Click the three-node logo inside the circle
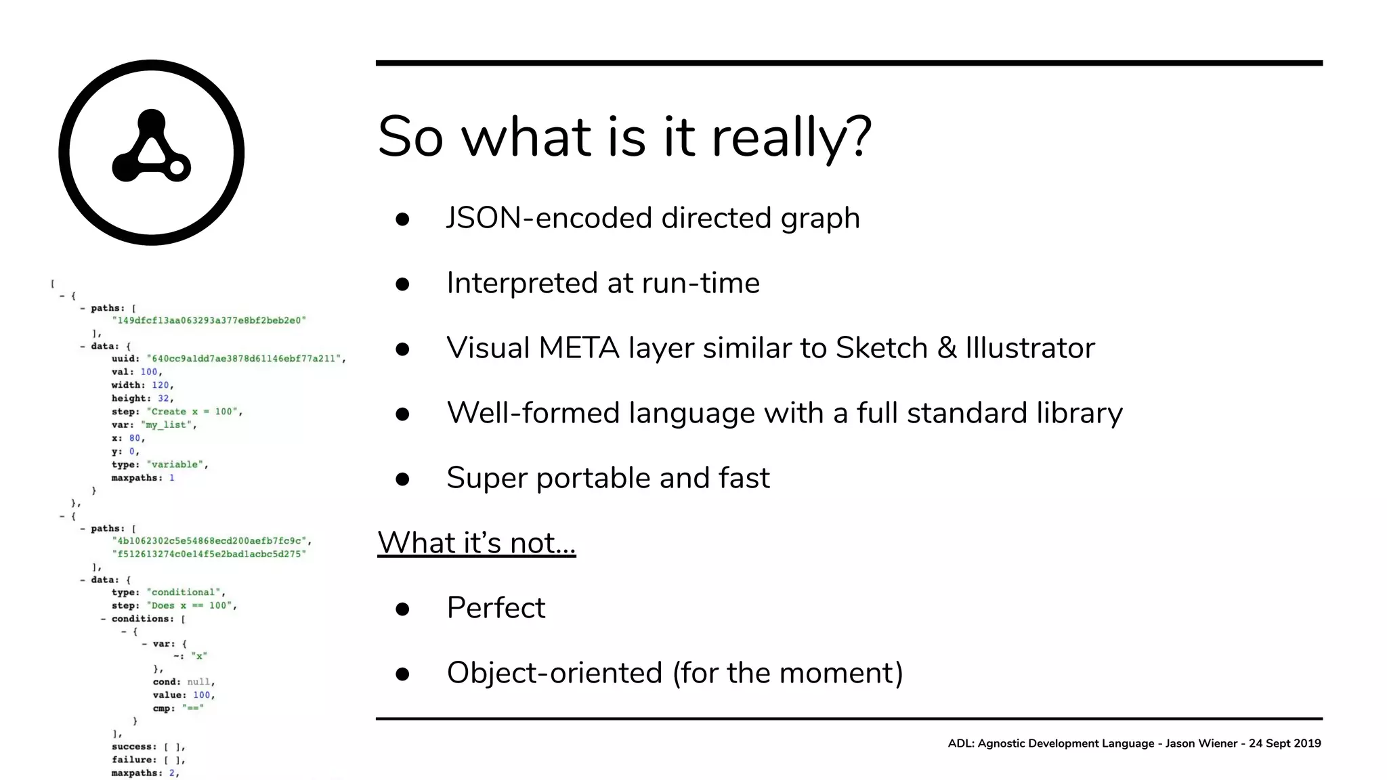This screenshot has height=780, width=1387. point(151,148)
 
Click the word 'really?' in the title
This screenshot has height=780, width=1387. point(791,137)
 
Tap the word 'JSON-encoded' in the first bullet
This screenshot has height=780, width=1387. point(551,218)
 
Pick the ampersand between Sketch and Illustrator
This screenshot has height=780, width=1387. point(947,348)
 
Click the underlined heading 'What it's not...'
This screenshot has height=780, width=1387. point(476,543)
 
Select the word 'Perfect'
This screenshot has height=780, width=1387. point(496,608)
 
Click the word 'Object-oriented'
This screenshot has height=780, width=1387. point(554,673)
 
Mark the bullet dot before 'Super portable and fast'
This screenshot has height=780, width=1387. point(402,479)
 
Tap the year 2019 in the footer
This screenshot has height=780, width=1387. point(1307,743)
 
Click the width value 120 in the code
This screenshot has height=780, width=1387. point(161,385)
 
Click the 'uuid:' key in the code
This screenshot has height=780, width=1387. point(125,359)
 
